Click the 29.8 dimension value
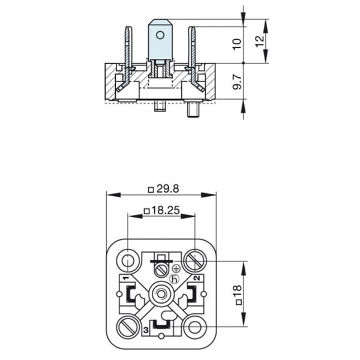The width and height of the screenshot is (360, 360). (167, 189)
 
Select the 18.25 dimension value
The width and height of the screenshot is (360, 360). (166, 211)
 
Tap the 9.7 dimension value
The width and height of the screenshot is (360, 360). (237, 82)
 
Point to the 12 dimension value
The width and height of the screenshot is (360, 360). (260, 41)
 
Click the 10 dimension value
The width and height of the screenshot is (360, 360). (237, 44)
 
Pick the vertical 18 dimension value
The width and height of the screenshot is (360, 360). (238, 291)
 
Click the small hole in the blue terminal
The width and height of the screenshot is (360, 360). (160, 35)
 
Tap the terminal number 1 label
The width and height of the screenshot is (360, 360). (125, 278)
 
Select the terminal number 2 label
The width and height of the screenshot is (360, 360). (197, 278)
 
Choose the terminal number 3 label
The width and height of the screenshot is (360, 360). (146, 331)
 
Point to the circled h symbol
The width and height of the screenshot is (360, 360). (174, 279)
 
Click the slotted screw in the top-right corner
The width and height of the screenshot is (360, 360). (195, 261)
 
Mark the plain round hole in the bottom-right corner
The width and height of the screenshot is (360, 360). (195, 327)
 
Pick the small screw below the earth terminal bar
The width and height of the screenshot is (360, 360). (161, 271)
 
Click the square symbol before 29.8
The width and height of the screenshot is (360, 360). (151, 190)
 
